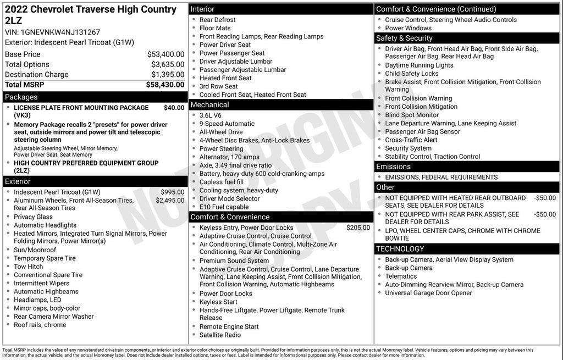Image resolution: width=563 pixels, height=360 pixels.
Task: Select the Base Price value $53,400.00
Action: pos(165,54)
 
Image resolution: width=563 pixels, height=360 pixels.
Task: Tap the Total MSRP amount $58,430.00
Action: pos(165,85)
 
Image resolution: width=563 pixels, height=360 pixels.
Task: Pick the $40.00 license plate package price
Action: pos(174,108)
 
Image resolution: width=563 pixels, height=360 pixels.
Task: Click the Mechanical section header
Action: pos(209,105)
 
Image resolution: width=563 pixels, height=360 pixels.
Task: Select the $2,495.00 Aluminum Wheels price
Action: pos(170,201)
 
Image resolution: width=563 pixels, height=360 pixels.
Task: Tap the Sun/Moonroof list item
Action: pos(35,250)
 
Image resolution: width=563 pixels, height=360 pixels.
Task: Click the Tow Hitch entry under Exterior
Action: pos(28,267)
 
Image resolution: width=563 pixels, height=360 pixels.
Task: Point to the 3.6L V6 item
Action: pos(211,116)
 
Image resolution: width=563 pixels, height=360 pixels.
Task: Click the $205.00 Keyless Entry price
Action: pos(358,228)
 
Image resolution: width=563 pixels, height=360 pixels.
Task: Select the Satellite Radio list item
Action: pos(220,335)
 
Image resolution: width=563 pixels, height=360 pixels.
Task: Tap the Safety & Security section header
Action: pos(404,38)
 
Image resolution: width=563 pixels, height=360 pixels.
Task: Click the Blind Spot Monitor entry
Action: pos(412,115)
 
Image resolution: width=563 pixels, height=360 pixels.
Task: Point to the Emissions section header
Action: pos(393,167)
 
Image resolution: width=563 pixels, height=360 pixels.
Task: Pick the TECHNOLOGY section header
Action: pos(400,249)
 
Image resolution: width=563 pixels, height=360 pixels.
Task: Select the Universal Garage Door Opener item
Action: pos(428,293)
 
